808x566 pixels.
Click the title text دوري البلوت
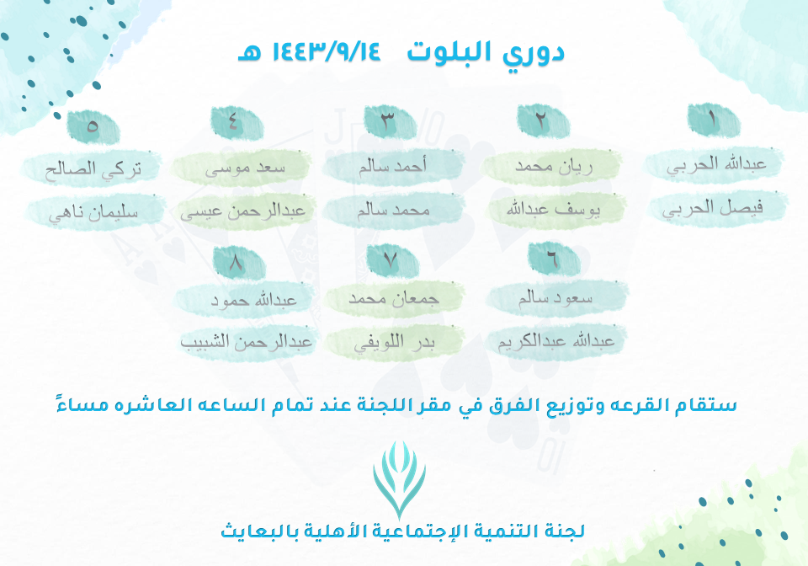coord(486,53)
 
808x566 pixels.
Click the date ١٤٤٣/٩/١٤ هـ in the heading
coord(309,51)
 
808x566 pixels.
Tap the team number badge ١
coord(714,120)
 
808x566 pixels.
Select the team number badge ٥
coord(93,126)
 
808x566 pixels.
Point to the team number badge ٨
coord(239,263)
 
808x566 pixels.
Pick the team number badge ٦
coord(554,259)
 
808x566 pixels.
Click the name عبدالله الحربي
coord(716,164)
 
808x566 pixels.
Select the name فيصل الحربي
coord(713,208)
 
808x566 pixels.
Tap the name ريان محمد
coord(554,166)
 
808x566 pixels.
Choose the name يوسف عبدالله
coord(553,209)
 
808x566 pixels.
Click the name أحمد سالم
coord(393,165)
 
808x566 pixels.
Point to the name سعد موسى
coord(245,168)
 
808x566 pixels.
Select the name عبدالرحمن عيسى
coord(242,211)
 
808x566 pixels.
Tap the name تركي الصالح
coord(93,169)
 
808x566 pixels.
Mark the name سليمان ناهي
coord(93,213)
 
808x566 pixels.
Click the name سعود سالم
coord(555,297)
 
